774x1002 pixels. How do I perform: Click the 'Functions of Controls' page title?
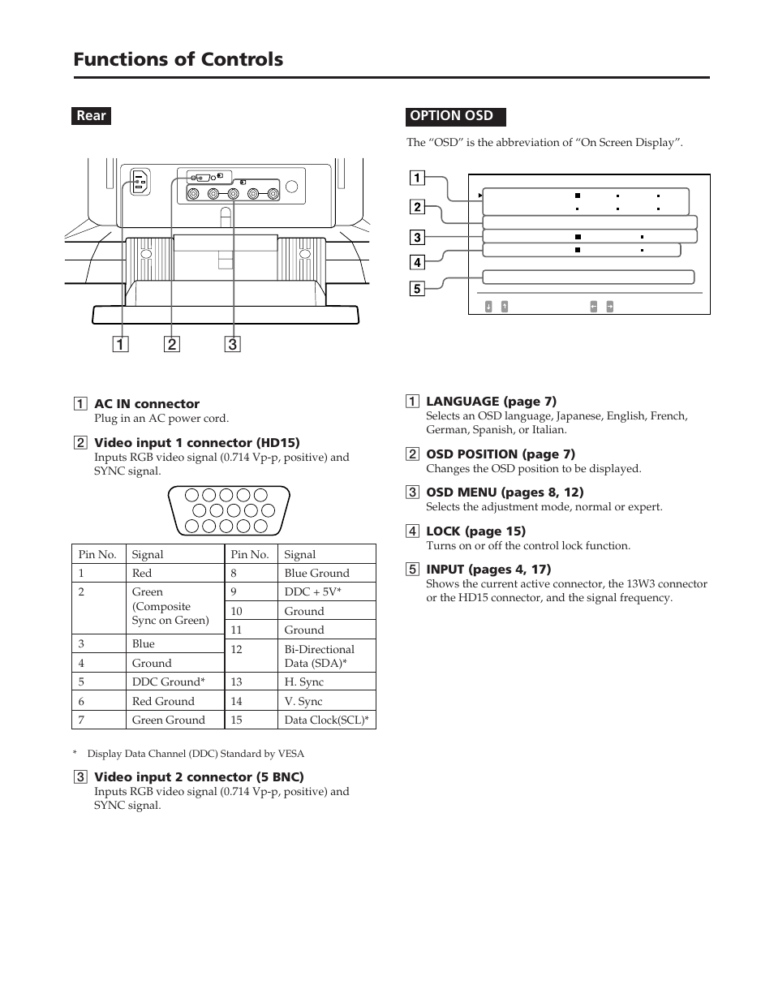178,59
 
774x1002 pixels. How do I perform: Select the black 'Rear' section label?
91,115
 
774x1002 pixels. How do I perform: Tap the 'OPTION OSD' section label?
452,115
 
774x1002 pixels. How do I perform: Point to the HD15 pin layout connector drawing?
228,510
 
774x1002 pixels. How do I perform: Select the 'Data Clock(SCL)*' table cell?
326,720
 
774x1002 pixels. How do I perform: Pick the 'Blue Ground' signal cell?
316,573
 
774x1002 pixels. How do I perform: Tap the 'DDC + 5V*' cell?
313,591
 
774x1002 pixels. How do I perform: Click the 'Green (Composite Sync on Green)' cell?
170,606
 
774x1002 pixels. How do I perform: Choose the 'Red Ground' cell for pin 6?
163,701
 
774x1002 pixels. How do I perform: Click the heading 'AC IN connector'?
147,404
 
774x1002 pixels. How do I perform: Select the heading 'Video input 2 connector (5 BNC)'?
199,776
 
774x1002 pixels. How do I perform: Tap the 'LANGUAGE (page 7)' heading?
491,401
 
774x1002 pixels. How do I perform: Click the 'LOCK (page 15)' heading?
475,531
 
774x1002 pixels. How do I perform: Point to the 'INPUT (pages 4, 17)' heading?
488,569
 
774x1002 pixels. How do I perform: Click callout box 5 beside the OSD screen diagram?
416,289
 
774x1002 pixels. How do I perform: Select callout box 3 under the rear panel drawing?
232,344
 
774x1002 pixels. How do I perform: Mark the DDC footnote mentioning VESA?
195,754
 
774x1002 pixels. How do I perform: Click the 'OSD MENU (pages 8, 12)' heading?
505,492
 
